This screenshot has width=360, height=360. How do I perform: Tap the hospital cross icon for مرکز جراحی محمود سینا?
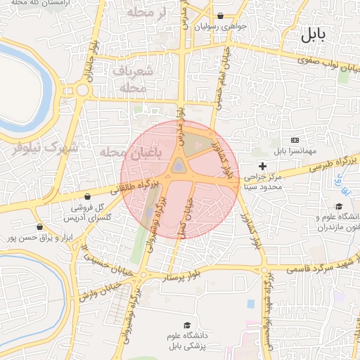point(263,166)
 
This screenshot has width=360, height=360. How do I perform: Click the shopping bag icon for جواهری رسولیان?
point(221,16)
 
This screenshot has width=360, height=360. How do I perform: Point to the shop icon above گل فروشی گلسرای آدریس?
point(87,196)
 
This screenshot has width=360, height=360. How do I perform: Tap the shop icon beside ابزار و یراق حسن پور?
point(39,227)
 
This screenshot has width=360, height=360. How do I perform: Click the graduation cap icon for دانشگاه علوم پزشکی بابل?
point(187,325)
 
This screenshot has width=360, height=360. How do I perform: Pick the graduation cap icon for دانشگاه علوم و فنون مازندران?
point(339,206)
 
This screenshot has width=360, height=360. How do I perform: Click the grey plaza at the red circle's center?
point(179,166)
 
